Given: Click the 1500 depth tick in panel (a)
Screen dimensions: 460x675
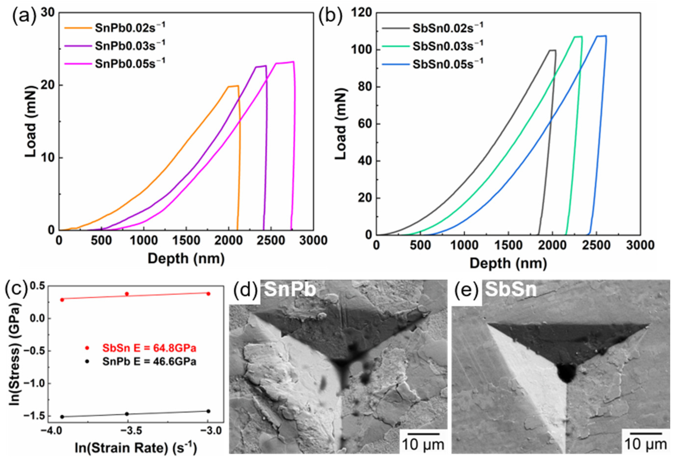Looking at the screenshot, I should [x=186, y=240].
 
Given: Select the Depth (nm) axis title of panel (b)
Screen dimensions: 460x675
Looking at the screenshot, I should [x=508, y=263].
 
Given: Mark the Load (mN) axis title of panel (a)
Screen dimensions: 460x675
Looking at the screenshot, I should [x=30, y=122].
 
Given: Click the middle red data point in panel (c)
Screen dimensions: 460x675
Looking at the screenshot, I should [x=127, y=294].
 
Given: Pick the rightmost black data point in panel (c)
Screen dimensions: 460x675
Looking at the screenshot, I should [x=208, y=411].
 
